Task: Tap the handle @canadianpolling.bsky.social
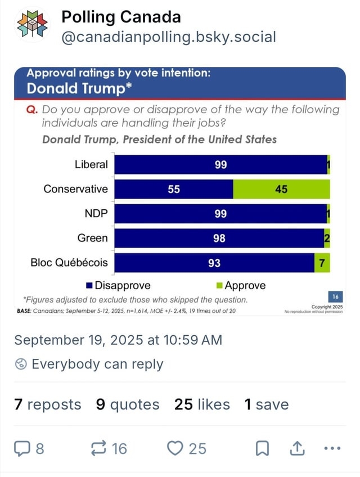click(169, 38)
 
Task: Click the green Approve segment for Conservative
click(281, 190)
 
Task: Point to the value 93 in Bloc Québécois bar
click(214, 263)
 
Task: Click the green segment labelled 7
click(322, 263)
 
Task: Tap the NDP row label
click(96, 214)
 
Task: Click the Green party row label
click(92, 238)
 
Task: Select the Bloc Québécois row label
click(69, 263)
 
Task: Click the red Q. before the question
click(32, 110)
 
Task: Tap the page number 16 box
click(335, 297)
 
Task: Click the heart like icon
click(175, 448)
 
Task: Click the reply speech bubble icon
click(23, 448)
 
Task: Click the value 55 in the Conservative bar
click(174, 190)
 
